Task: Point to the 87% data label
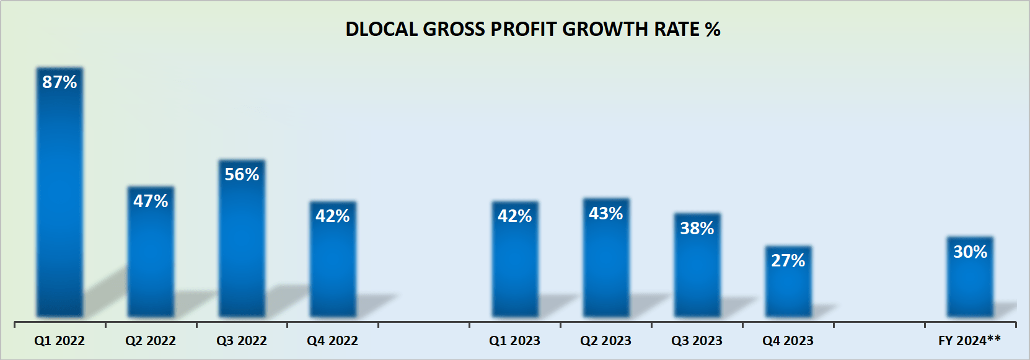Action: [x=59, y=82]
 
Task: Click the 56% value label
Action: [x=242, y=174]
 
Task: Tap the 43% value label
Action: [x=605, y=213]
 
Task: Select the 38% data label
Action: [x=697, y=228]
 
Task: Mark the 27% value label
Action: [x=788, y=260]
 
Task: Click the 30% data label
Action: [x=970, y=252]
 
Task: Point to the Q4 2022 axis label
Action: [x=333, y=341]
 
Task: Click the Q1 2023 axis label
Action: [x=514, y=341]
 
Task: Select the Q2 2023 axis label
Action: [x=605, y=341]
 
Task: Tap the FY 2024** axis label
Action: [x=969, y=340]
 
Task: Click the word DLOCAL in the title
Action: [x=381, y=29]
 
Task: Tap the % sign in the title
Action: [x=712, y=29]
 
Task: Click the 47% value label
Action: [x=151, y=201]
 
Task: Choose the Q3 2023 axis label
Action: [x=697, y=341]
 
